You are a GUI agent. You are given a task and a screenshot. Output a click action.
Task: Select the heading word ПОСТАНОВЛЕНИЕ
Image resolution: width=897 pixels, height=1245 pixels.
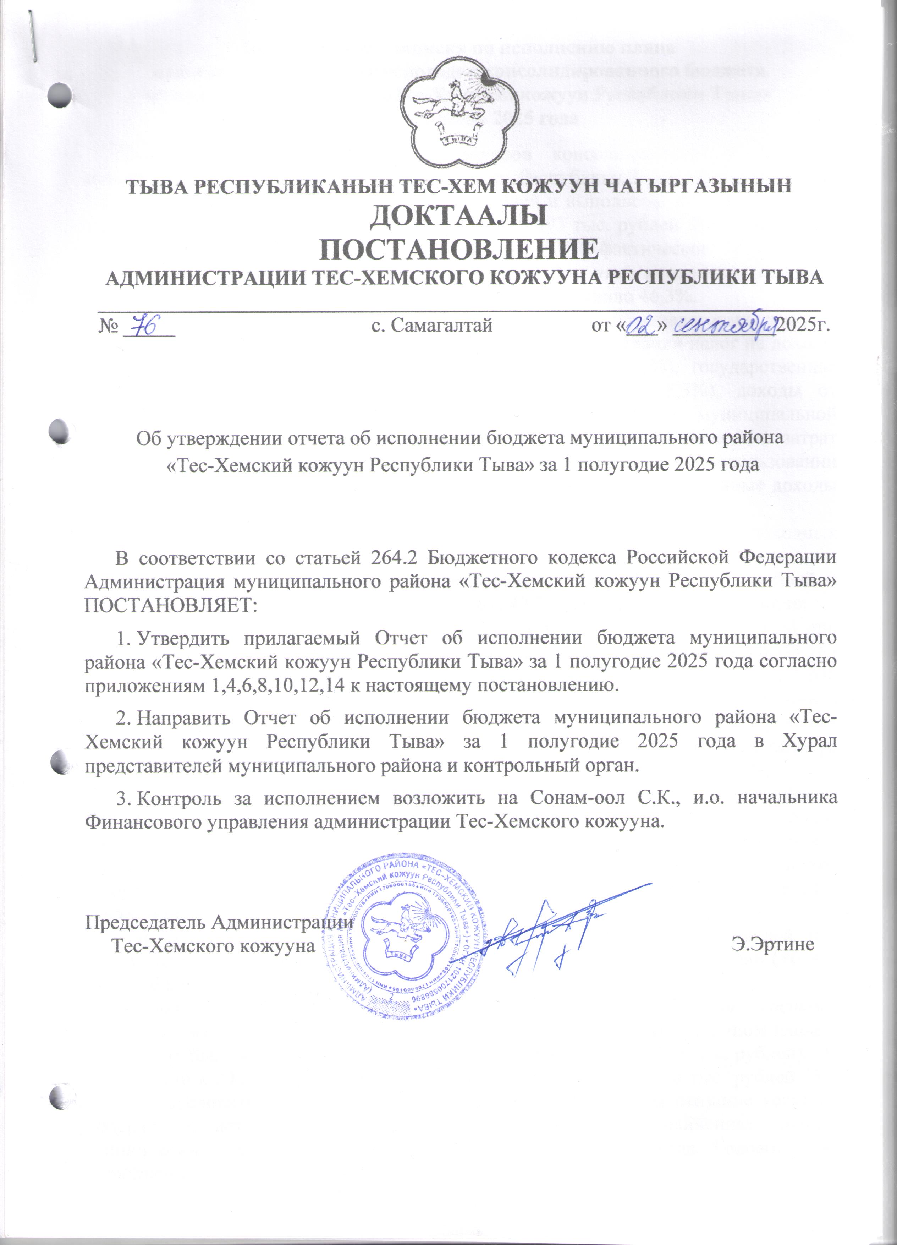pos(459,250)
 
